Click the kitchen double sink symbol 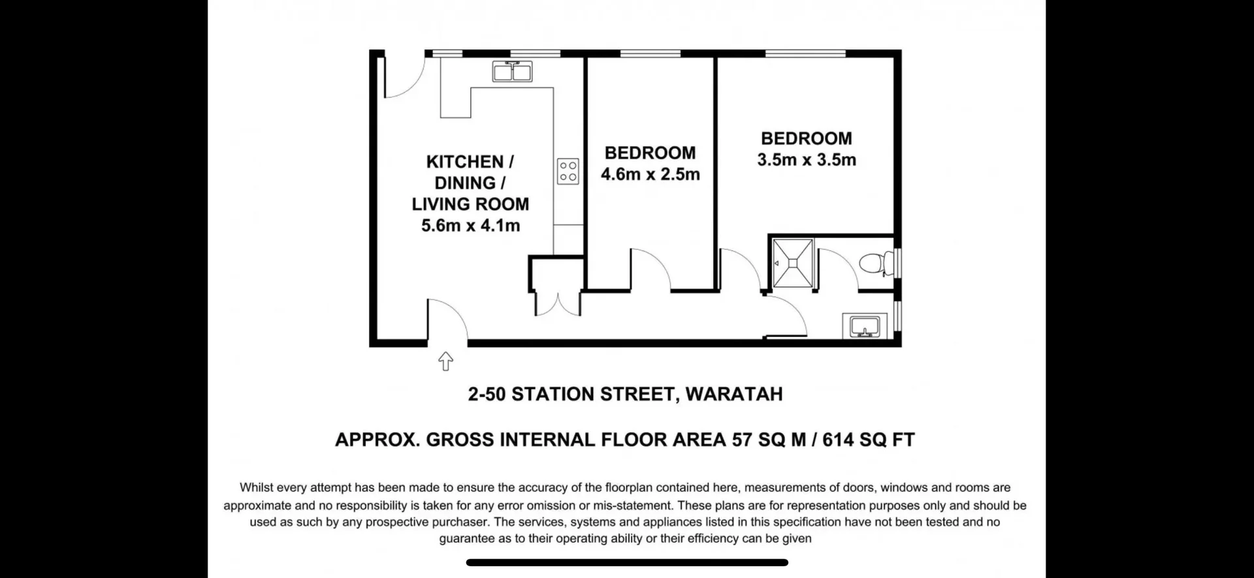point(512,71)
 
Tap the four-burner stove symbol point(568,171)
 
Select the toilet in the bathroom point(875,264)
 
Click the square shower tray point(793,263)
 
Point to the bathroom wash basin point(865,326)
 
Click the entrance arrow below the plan point(445,361)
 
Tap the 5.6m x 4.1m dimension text point(470,226)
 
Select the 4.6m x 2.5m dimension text point(650,174)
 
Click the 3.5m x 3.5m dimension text point(806,160)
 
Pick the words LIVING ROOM point(470,204)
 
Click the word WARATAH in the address point(733,394)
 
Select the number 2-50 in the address point(487,394)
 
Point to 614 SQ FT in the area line point(868,440)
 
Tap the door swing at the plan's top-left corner point(400,80)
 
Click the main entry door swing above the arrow point(447,320)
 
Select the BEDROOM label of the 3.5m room point(806,138)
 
